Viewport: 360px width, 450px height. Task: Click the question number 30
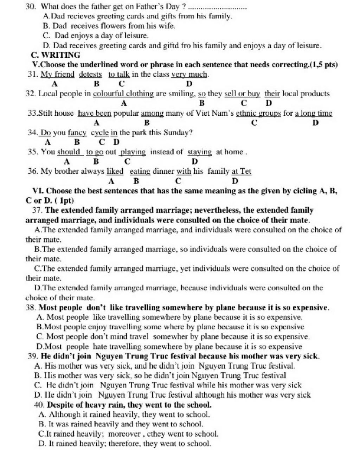[x=31, y=6]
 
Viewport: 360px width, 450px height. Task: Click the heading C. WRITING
[x=56, y=55]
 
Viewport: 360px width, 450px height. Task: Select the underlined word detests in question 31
[x=90, y=74]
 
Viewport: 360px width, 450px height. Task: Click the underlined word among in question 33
[x=152, y=113]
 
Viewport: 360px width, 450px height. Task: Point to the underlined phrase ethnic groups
[x=258, y=113]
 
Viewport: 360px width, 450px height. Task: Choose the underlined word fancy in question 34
[x=77, y=133]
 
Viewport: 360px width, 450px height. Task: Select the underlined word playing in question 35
[x=133, y=152]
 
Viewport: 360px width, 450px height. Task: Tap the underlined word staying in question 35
[x=200, y=152]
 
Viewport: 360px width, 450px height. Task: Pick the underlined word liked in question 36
[x=115, y=172]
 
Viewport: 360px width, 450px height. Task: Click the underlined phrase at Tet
[x=242, y=172]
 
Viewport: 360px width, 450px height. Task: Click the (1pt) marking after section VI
[x=64, y=201]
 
